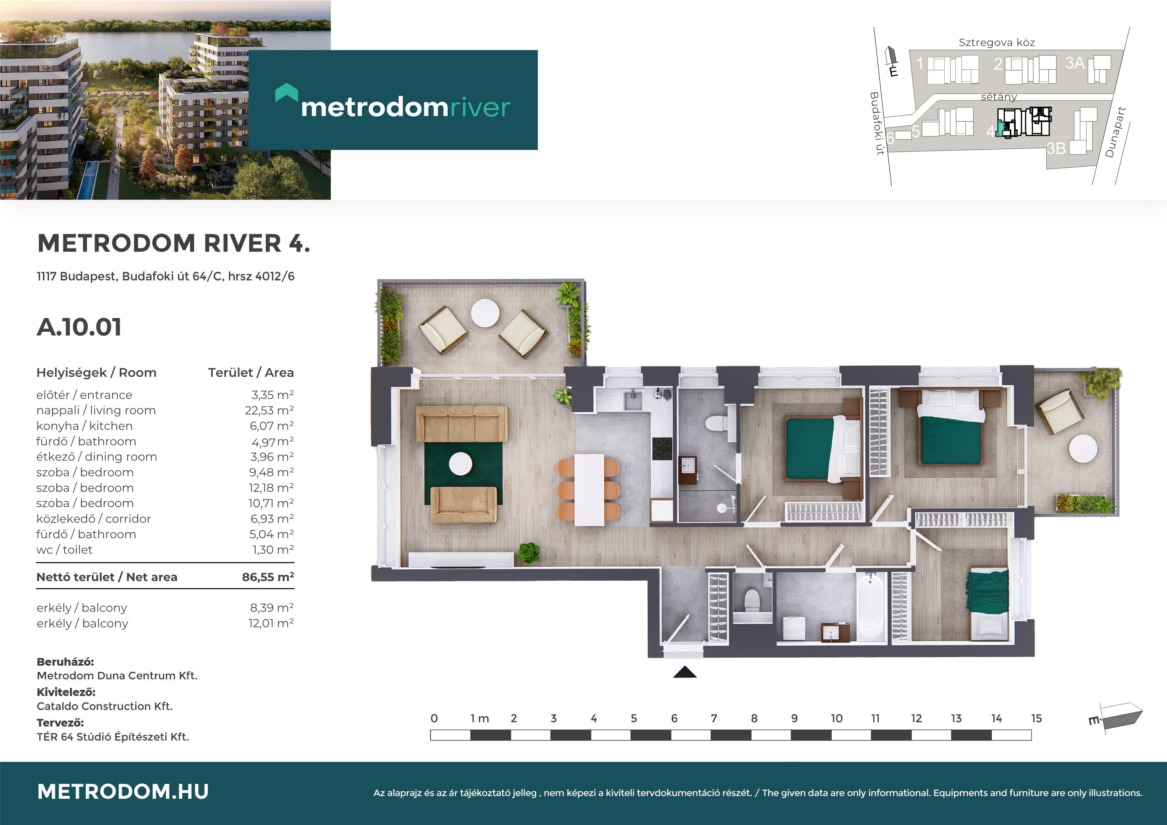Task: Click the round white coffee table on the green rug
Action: [460, 464]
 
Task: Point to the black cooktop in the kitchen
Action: [662, 449]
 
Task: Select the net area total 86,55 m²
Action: [268, 577]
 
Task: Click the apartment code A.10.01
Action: [79, 327]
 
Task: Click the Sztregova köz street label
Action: [997, 43]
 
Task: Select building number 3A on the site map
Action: [1075, 63]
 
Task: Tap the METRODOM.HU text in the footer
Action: [123, 791]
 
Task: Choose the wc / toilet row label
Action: [65, 550]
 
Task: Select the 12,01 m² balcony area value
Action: [271, 623]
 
